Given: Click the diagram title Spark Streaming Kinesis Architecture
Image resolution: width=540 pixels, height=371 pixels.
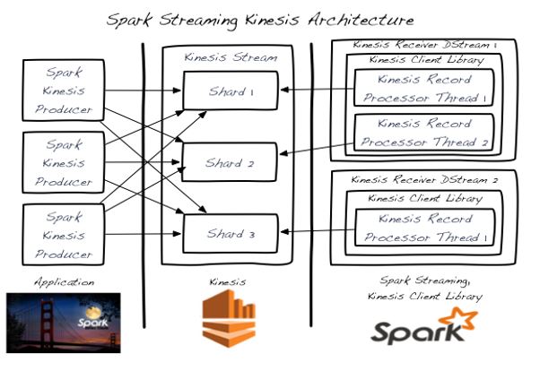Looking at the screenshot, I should click(260, 19).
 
